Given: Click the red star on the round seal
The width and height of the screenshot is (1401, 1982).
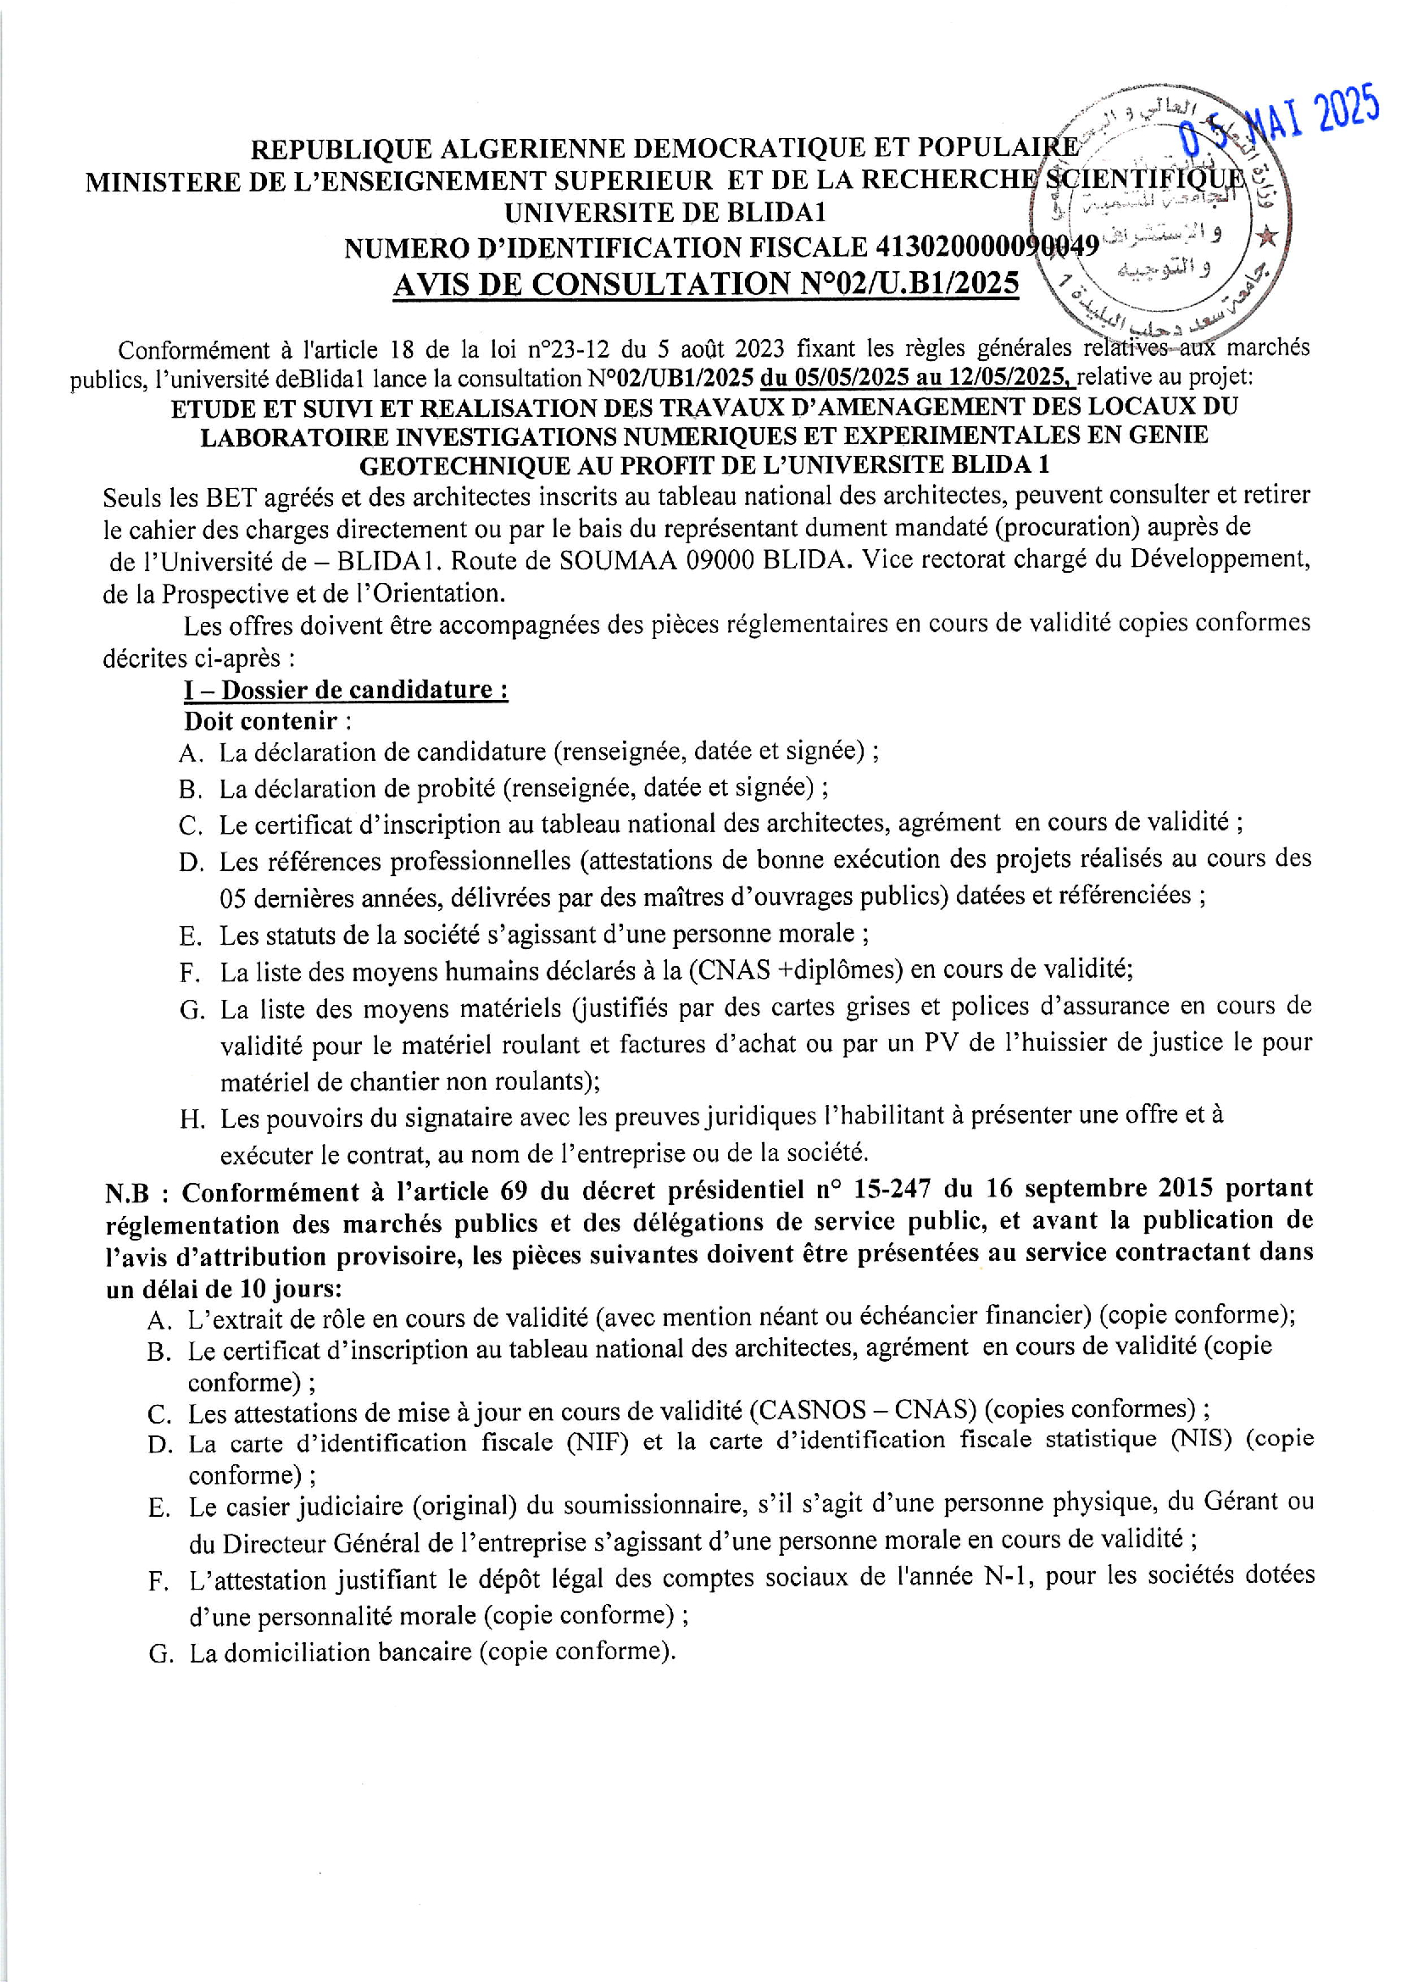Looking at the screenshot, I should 1266,236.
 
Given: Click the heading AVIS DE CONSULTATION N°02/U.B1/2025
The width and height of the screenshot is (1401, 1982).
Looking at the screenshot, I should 705,283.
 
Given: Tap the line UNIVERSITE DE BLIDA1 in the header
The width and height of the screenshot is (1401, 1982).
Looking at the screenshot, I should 665,213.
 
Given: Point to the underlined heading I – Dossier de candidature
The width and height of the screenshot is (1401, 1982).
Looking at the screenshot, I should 345,690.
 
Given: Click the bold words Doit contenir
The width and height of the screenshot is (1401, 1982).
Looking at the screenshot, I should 261,721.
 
